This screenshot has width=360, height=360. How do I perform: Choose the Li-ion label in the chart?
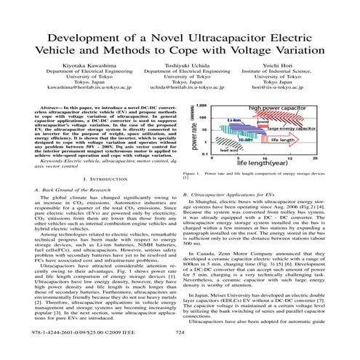click(x=233, y=118)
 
